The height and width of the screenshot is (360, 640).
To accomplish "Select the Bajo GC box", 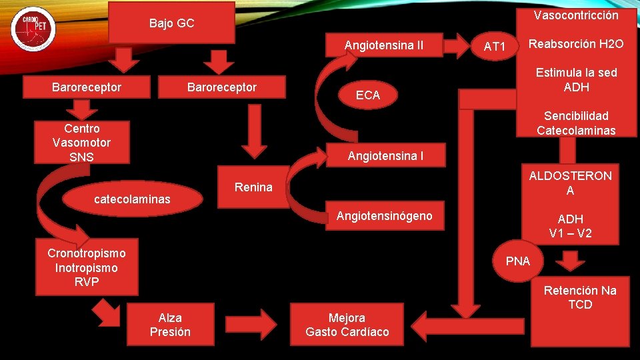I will (171, 23).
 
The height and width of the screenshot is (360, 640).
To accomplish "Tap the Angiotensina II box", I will (383, 45).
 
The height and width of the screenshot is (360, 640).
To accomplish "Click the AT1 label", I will (495, 46).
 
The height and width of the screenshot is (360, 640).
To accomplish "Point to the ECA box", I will (367, 95).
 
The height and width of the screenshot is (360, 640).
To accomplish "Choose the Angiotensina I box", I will (385, 157).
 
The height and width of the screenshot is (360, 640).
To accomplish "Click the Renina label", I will (253, 187).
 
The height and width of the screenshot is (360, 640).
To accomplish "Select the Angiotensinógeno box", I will (384, 215).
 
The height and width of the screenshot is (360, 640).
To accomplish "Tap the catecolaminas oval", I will (132, 199).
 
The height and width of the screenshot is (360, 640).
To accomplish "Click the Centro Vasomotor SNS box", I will (82, 143).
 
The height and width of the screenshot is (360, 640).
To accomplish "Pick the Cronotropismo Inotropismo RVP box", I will (87, 267).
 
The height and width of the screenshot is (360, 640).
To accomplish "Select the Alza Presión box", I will (170, 325).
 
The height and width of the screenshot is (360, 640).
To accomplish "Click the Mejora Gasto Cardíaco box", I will (347, 325).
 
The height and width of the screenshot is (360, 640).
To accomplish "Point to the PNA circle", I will (518, 261).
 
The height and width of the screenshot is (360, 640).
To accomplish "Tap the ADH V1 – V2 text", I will (570, 226).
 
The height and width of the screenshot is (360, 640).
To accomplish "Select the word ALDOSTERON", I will (570, 176).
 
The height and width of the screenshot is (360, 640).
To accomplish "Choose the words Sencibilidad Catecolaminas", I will (576, 123).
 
